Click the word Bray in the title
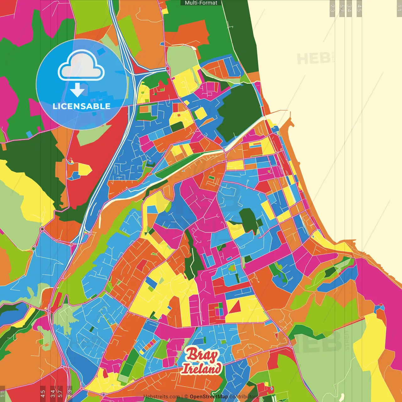pos(202,355)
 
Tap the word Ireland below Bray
pos(202,368)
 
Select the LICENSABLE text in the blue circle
pos(81,106)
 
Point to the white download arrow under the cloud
pos(77,90)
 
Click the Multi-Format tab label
pos(201,3)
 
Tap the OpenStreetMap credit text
pos(209,397)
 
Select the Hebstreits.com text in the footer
pos(161,397)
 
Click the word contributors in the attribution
pos(244,397)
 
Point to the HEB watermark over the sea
pos(313,58)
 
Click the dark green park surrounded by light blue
pos(250,220)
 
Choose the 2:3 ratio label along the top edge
pos(332,8)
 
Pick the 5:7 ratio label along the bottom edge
pos(60,393)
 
